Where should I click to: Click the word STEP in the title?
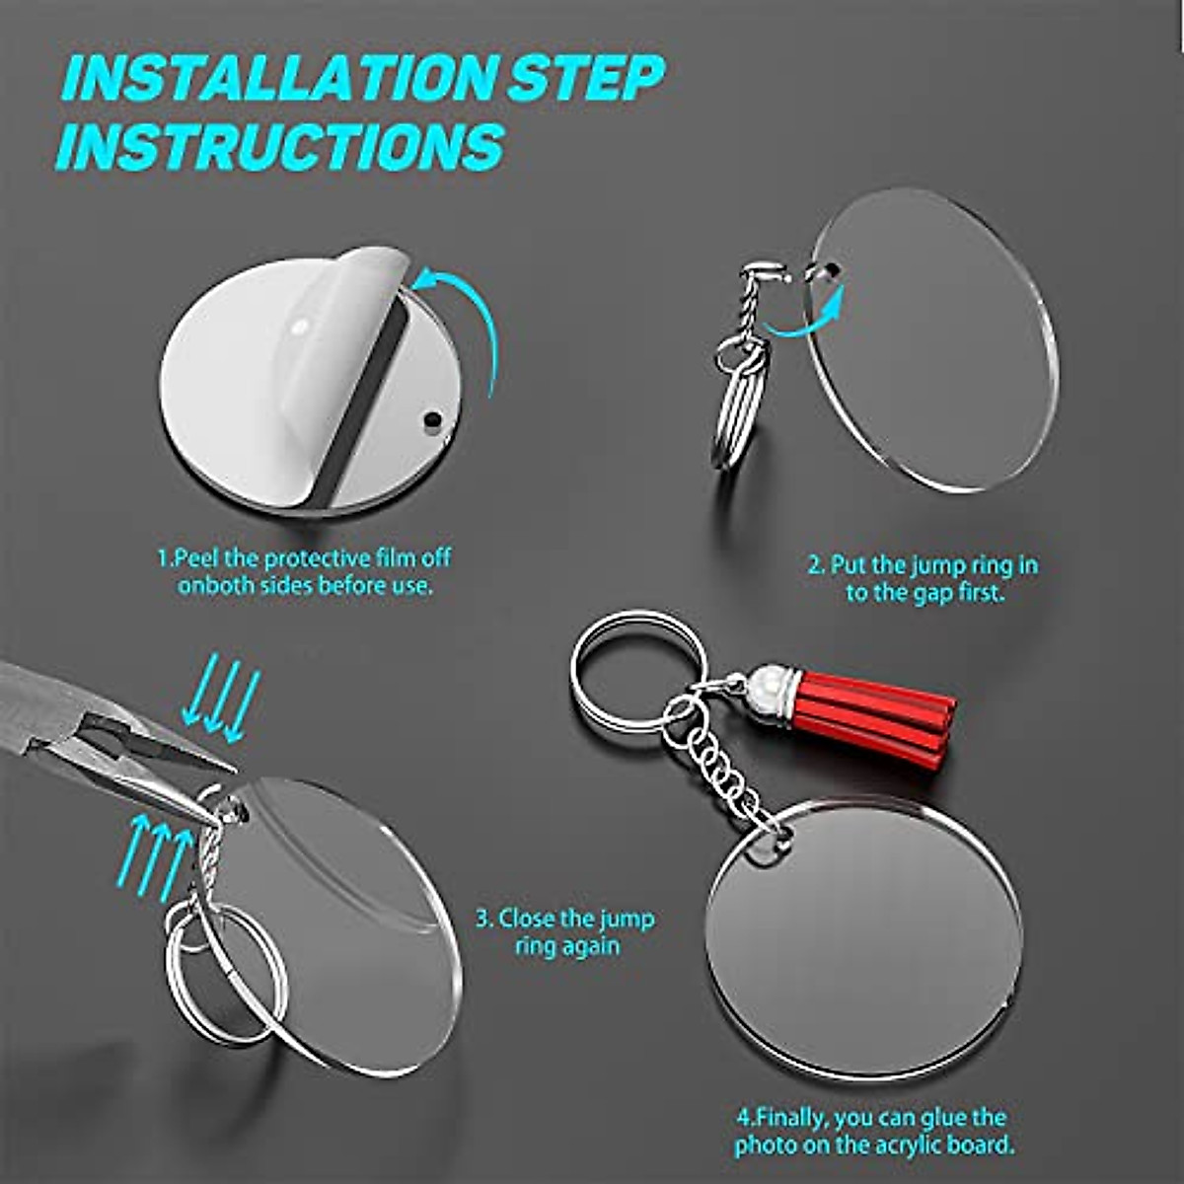(x=586, y=79)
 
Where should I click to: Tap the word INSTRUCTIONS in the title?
(x=281, y=146)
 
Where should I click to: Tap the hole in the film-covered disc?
(x=430, y=418)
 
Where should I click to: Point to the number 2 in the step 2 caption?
(x=815, y=566)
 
